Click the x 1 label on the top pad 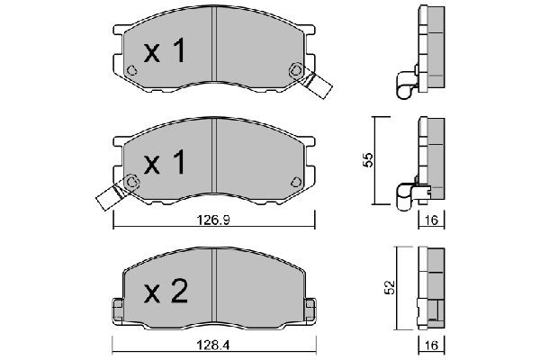[165, 52]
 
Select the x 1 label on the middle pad [165, 163]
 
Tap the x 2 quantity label [166, 293]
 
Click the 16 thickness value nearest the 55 [432, 220]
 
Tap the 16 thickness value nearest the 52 [432, 345]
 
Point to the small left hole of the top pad [131, 73]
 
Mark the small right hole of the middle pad [293, 184]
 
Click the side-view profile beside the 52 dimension [432, 288]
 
